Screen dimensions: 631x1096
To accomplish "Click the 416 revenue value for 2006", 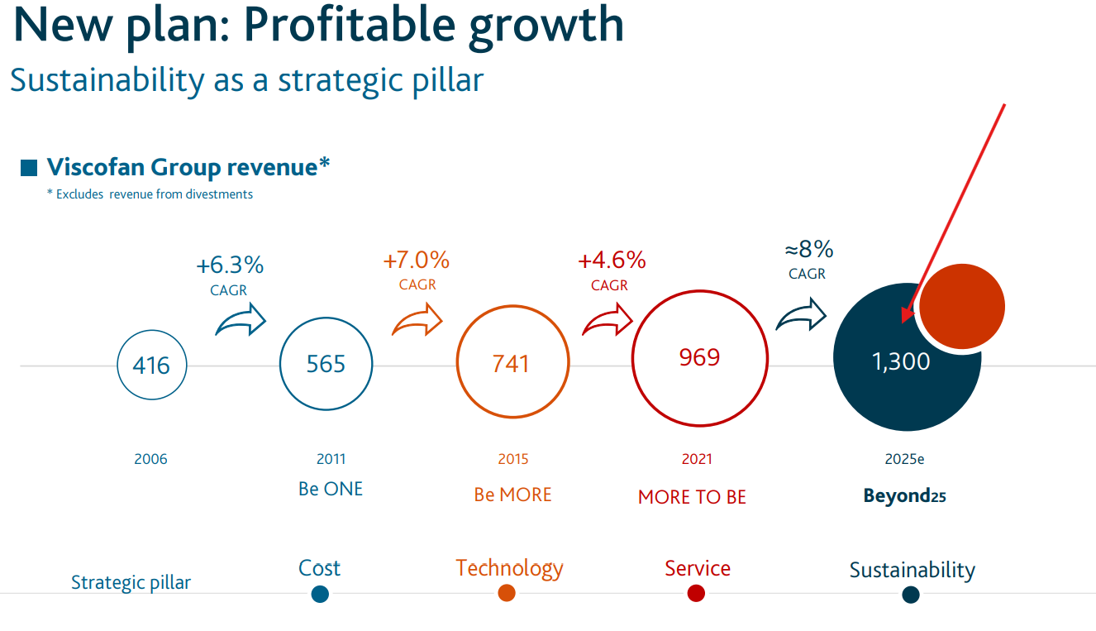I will [x=151, y=365].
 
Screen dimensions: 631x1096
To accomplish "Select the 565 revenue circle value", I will [x=326, y=364].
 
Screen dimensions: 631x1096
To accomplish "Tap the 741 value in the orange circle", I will [x=511, y=364].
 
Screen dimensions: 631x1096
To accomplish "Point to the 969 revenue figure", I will [x=699, y=357].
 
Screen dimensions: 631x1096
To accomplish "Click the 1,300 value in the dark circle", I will [x=901, y=361].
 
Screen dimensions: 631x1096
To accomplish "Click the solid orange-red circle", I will [x=962, y=306].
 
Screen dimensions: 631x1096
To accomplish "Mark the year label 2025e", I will [x=904, y=459].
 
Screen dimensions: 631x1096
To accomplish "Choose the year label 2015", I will [x=512, y=459].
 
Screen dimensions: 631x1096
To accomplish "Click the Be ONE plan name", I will [x=331, y=489].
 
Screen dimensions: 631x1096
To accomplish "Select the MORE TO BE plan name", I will [x=692, y=497].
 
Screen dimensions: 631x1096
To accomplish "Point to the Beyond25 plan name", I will [x=904, y=496].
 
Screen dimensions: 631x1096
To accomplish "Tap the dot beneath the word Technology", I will [x=507, y=593].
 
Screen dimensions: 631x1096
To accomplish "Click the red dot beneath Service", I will [x=696, y=593].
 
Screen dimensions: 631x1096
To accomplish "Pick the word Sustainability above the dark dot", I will [x=912, y=570].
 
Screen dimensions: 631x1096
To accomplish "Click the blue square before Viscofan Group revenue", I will [x=29, y=168].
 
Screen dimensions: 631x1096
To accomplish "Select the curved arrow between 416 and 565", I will [x=241, y=320].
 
